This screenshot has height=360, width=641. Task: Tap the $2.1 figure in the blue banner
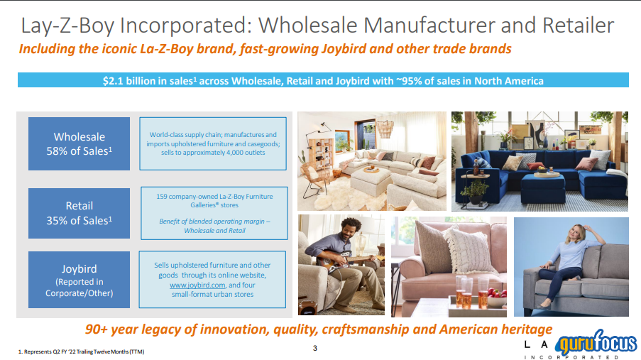[113, 81]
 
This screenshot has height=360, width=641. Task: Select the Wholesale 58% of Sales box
[79, 143]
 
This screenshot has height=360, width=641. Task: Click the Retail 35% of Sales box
[79, 213]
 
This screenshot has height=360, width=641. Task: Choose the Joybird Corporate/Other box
[79, 280]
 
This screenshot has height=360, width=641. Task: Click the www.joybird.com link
[197, 285]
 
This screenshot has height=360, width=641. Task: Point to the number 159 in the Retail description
[161, 197]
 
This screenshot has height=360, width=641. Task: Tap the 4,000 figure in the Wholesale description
[224, 153]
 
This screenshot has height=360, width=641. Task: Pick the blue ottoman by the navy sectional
[542, 187]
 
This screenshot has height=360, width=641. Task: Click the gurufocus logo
[596, 342]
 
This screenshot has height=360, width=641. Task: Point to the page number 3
[314, 348]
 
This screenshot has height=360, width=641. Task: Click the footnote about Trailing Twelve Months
[82, 351]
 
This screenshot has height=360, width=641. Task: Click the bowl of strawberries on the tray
[496, 299]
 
